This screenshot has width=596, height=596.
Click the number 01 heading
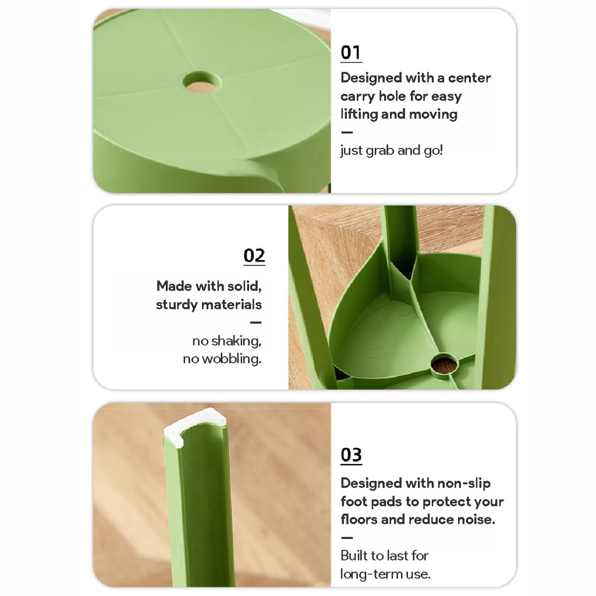[x=351, y=53]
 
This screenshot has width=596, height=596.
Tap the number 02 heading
[x=254, y=256]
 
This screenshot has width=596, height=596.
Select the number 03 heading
[x=351, y=455]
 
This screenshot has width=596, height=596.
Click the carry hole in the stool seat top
[x=202, y=81]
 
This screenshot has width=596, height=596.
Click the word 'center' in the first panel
[x=470, y=78]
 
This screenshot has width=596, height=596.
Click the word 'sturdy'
[x=177, y=305]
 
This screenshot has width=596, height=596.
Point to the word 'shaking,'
[x=236, y=340]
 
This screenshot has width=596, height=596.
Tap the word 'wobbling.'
[x=232, y=359]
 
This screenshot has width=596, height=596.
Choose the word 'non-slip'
[x=464, y=483]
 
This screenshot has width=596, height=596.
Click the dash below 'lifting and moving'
[x=347, y=132]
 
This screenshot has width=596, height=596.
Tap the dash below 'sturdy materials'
[x=256, y=322]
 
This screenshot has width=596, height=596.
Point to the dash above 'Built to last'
[x=347, y=537]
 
